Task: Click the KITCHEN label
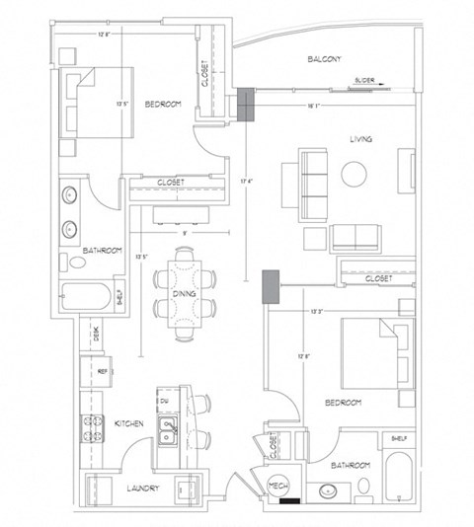129,423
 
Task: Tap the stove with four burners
93,429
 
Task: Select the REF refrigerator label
102,371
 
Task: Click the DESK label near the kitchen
96,336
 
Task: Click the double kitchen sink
169,432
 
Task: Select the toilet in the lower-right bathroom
362,486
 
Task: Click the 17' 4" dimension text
244,181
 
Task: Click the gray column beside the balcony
244,105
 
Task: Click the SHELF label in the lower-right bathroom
399,439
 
